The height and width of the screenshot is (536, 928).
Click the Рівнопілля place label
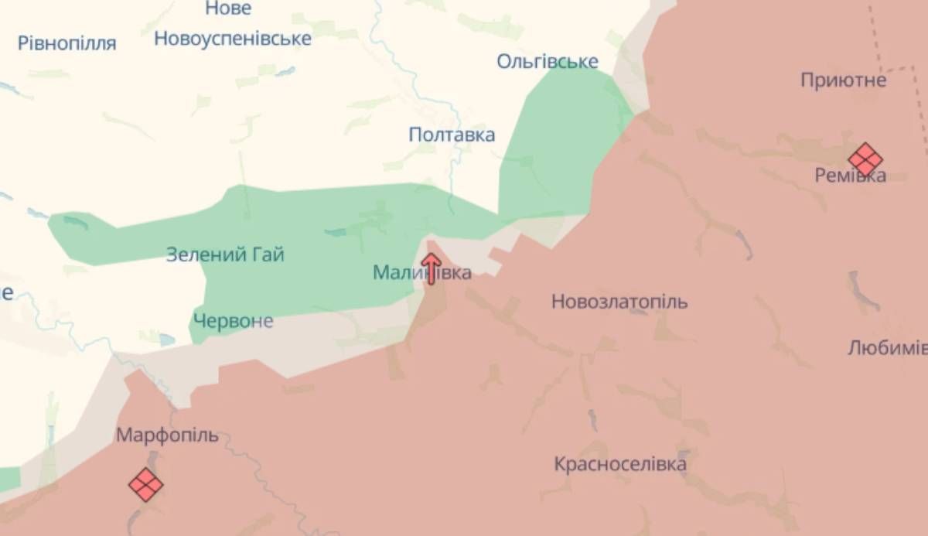pos(67,43)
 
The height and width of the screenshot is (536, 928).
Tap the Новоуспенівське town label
pos(233,38)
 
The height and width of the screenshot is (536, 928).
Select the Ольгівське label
pos(548,61)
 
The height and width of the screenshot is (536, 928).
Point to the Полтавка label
pos(452,135)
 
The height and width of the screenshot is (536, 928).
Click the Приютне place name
pos(843,80)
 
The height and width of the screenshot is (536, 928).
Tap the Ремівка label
pos(851,176)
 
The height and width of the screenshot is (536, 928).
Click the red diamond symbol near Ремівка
pos(865,160)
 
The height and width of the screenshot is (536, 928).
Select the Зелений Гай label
pos(225,254)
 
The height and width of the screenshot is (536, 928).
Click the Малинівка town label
pos(421,272)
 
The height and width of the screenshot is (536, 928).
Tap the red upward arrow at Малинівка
pos(432,268)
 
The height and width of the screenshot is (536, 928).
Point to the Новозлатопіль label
pos(619,302)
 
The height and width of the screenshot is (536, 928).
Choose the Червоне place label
pos(233,321)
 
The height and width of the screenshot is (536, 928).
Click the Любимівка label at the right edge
pos(887,347)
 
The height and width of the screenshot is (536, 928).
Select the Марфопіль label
pos(167,435)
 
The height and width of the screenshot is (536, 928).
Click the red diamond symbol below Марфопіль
pos(145,485)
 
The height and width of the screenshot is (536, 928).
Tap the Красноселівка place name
pos(619,464)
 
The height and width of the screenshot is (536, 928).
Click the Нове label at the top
pos(228,9)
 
